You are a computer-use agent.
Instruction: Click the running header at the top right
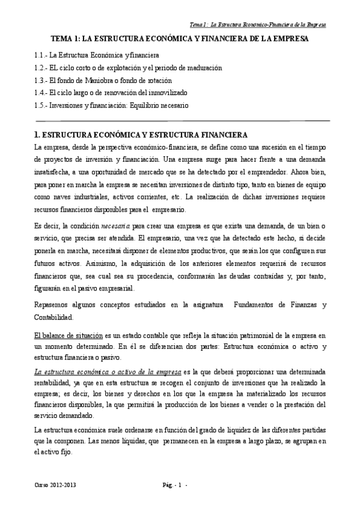[x=258, y=25]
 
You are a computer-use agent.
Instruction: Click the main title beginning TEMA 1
[x=180, y=38]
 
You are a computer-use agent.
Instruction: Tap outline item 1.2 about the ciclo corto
[x=128, y=67]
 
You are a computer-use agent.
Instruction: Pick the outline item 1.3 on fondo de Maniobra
[x=103, y=80]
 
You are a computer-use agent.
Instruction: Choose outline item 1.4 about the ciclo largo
[x=111, y=93]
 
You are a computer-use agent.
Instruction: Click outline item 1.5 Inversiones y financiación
[x=111, y=105]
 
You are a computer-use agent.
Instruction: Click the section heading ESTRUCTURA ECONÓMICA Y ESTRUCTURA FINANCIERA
[x=142, y=134]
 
